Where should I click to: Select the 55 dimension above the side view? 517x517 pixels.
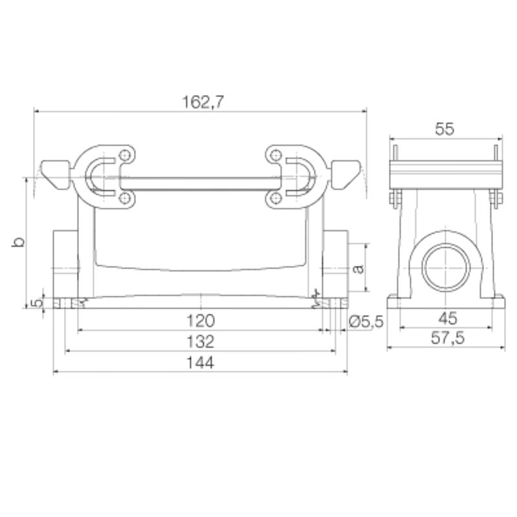[x=445, y=129]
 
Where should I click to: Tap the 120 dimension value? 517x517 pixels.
[x=202, y=320]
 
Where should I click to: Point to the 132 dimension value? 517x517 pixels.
[x=202, y=341]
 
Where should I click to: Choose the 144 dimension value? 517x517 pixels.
[x=202, y=363]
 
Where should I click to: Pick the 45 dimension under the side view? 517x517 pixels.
[x=445, y=318]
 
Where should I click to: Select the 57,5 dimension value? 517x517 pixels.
[x=445, y=339]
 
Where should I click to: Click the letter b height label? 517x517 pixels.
[x=19, y=243]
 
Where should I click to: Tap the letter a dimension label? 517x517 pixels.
[x=359, y=267]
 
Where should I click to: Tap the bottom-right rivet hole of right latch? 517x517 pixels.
[x=276, y=197]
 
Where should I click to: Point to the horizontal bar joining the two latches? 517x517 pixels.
[x=202, y=177]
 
